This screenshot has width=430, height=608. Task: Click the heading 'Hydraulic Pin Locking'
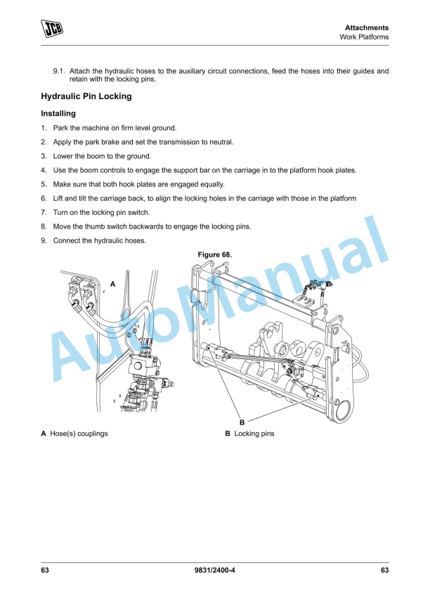coord(86,96)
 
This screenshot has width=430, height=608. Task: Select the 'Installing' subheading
coord(58,113)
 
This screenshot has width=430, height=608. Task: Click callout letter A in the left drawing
coord(112,284)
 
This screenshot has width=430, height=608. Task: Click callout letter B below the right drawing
coord(242,422)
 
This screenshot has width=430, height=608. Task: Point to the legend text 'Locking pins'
coord(254,434)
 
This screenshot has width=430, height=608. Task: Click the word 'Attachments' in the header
coord(367,27)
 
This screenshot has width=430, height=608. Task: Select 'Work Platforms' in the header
coord(364,37)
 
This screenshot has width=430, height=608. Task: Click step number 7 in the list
coord(44,212)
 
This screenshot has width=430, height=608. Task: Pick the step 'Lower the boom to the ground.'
coord(102,156)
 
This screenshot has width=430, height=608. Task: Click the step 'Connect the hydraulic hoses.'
coord(100,240)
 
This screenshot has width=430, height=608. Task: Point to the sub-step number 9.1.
coord(59,71)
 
